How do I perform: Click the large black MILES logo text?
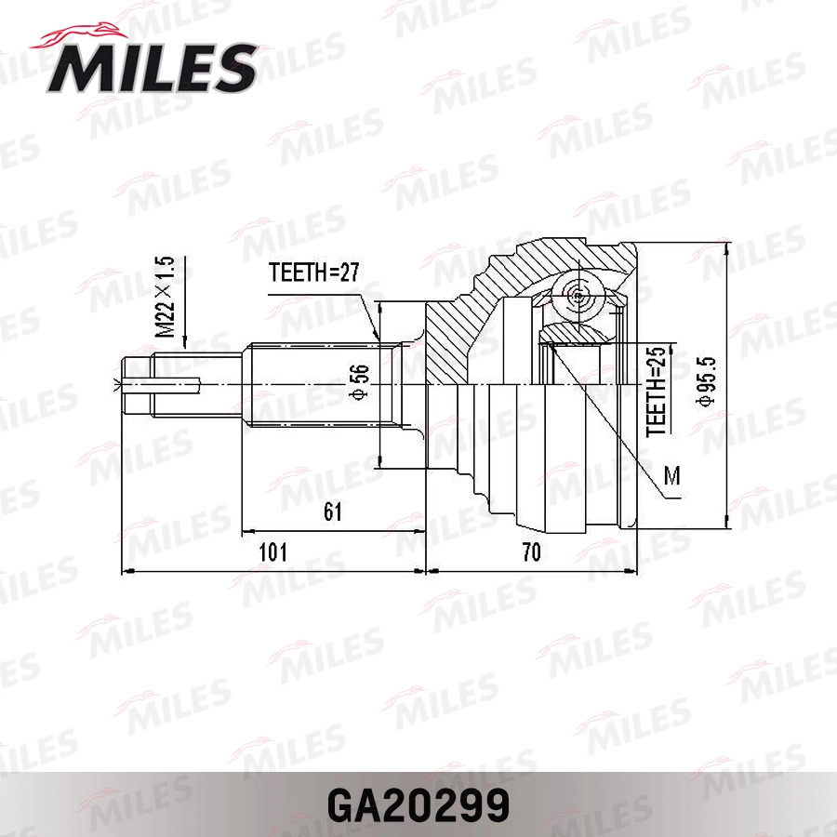(152, 68)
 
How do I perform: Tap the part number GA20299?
(418, 805)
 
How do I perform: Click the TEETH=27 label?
(314, 272)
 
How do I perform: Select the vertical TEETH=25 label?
(656, 392)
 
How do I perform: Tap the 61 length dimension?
(333, 511)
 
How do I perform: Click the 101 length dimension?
(272, 551)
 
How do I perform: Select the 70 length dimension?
(531, 551)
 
